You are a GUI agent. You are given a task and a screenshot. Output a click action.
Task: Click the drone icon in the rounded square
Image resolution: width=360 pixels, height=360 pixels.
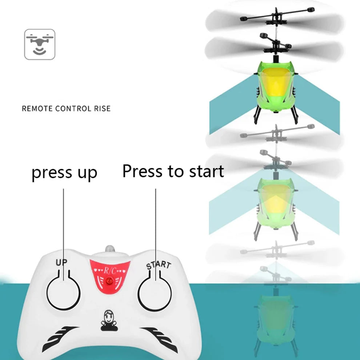pyautogui.click(x=40, y=44)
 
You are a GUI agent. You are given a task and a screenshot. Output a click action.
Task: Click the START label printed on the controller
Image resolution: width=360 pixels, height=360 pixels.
pyautogui.click(x=158, y=264)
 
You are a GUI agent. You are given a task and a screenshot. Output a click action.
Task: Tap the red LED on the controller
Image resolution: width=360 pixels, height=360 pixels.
pyautogui.click(x=109, y=281)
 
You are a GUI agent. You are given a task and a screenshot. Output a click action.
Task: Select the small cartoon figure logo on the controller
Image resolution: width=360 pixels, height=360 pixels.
pyautogui.click(x=108, y=320)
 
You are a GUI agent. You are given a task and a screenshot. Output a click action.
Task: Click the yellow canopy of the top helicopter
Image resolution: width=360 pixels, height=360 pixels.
pyautogui.click(x=276, y=85)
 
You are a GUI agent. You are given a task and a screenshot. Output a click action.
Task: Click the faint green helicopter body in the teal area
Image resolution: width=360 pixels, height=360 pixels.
pyautogui.click(x=275, y=313)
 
